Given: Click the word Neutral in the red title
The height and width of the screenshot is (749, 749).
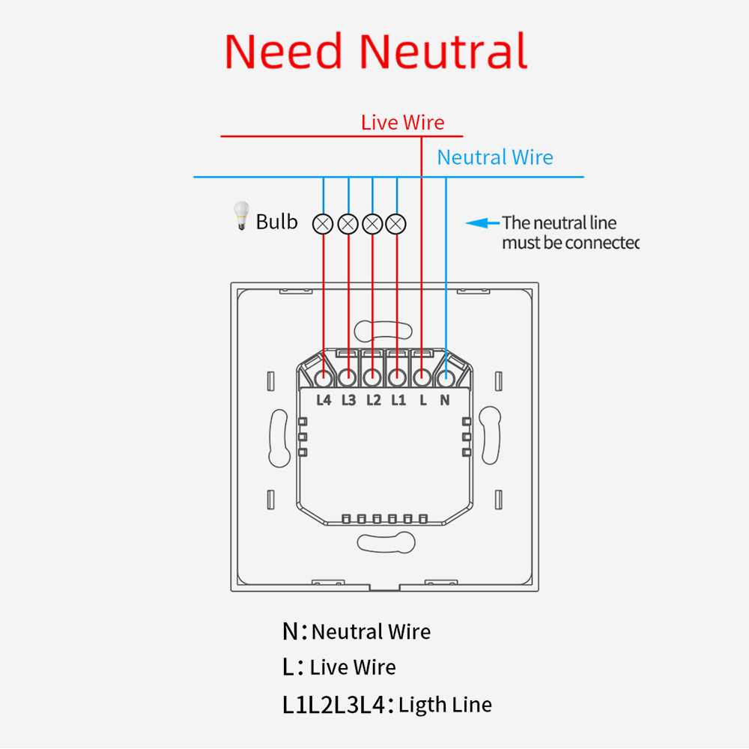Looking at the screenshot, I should (443, 52).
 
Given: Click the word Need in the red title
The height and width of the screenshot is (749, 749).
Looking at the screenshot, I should (283, 52).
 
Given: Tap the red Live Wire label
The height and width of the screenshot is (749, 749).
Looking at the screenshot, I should (402, 123).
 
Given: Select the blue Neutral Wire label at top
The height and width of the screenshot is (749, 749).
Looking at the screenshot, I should (495, 157).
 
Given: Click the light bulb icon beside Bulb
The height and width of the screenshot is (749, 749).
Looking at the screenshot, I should (240, 215).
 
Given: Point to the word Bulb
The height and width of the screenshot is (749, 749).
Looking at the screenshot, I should (276, 222).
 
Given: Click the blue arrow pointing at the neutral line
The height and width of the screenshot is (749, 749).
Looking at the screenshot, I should (482, 222).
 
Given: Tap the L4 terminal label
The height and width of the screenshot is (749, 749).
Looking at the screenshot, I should (324, 400).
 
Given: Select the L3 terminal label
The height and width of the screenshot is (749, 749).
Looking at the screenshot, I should (348, 400).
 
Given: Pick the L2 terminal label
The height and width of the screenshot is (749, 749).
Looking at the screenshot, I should (374, 400).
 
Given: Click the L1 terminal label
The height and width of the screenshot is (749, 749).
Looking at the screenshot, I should (398, 400).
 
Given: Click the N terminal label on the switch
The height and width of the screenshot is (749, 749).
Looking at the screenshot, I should (445, 400).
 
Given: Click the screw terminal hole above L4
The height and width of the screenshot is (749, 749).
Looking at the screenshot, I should (324, 377).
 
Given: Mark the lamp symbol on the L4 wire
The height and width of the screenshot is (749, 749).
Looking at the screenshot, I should (324, 223).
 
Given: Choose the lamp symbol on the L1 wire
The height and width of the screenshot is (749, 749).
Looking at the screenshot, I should (396, 223).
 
